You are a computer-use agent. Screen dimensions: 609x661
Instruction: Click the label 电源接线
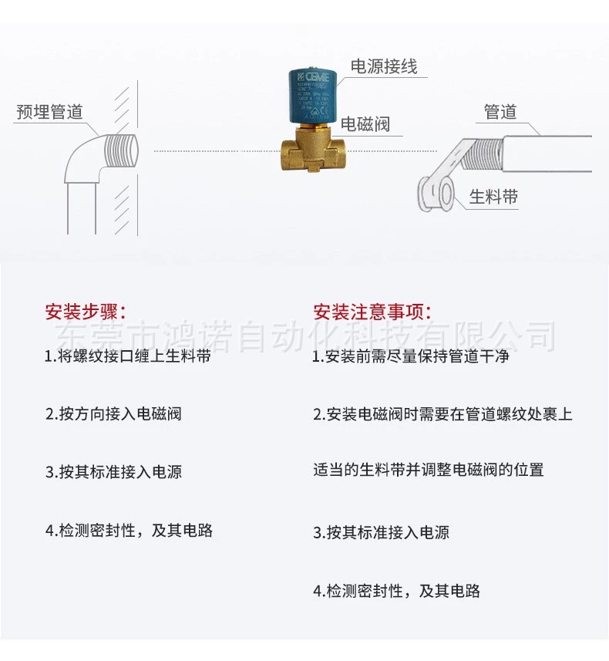pos(383,67)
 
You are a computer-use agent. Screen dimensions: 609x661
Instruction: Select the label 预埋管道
pos(49,112)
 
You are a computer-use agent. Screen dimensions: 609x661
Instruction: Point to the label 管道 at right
pos(500,112)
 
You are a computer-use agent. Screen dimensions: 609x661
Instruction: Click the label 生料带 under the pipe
pos(493,197)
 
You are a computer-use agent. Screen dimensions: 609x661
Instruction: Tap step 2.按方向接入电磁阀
pos(113,413)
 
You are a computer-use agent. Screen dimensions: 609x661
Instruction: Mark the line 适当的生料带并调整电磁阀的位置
pos(428,470)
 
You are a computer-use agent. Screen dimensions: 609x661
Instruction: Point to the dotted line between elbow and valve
pos(208,151)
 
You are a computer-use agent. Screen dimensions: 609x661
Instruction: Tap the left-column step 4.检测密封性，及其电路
pos(129,531)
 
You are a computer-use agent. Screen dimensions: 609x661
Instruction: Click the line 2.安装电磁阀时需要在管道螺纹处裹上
pos(442,414)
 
